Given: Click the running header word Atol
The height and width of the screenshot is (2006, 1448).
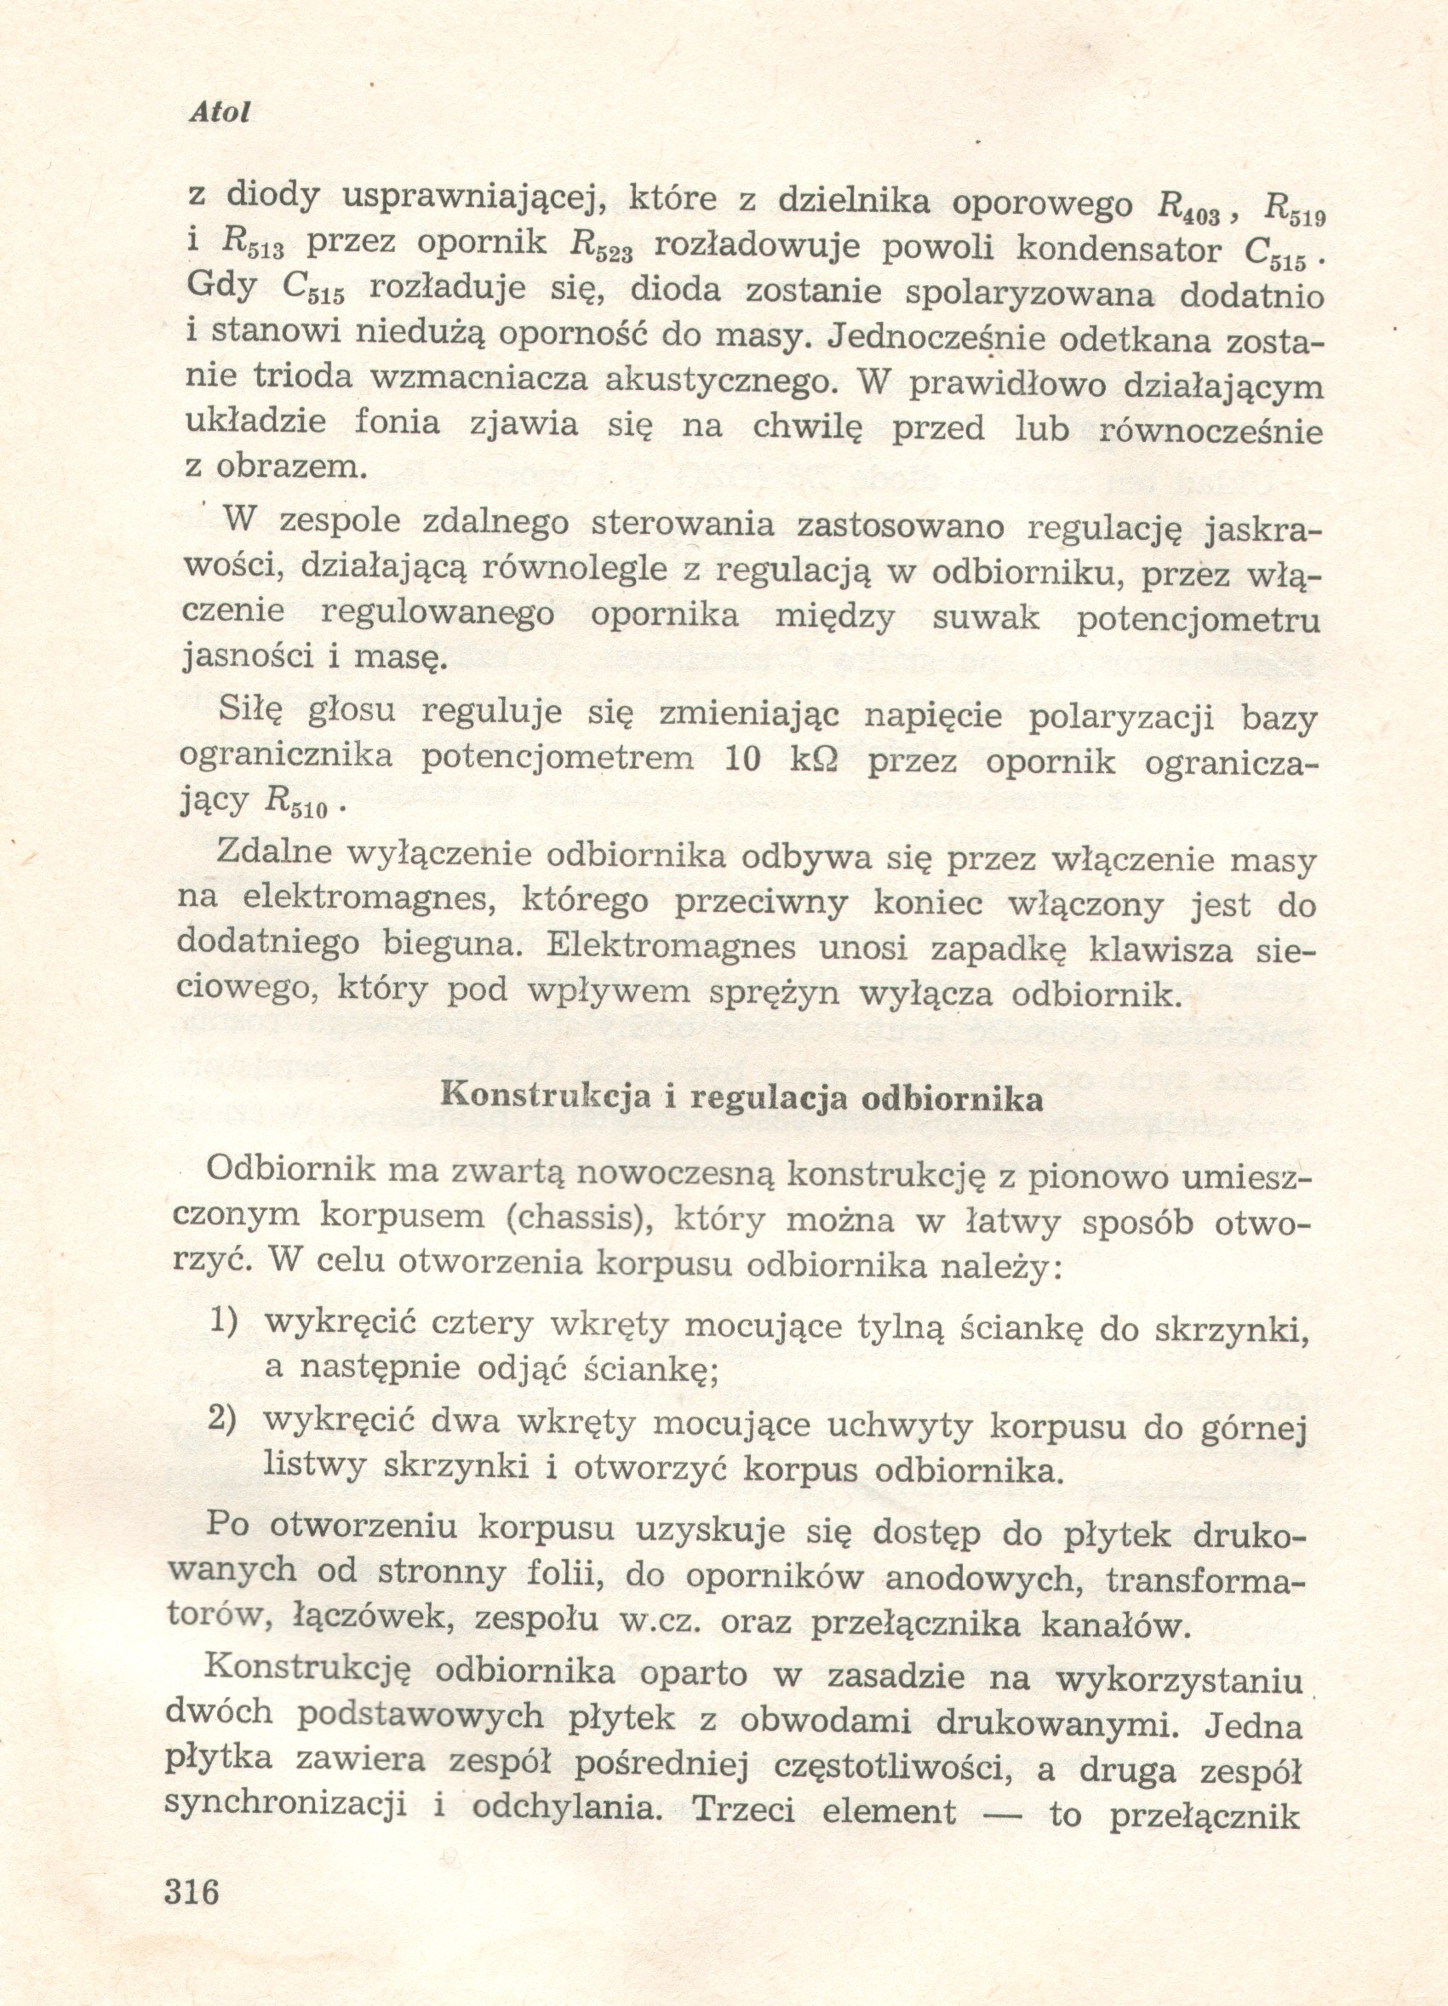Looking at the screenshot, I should [220, 113].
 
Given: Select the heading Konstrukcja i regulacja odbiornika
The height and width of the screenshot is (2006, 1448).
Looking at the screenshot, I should [741, 1098].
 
